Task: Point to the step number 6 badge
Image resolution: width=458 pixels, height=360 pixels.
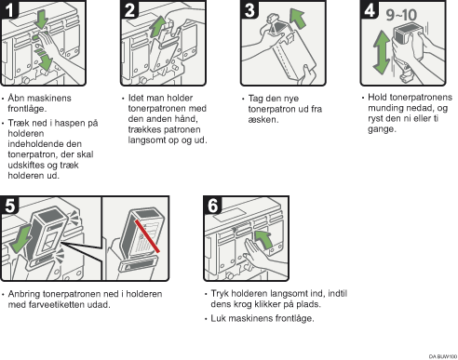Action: coord(212,205)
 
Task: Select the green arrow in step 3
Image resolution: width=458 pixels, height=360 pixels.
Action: coord(297,19)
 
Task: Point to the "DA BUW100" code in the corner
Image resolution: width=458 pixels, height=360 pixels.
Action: coord(440,354)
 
